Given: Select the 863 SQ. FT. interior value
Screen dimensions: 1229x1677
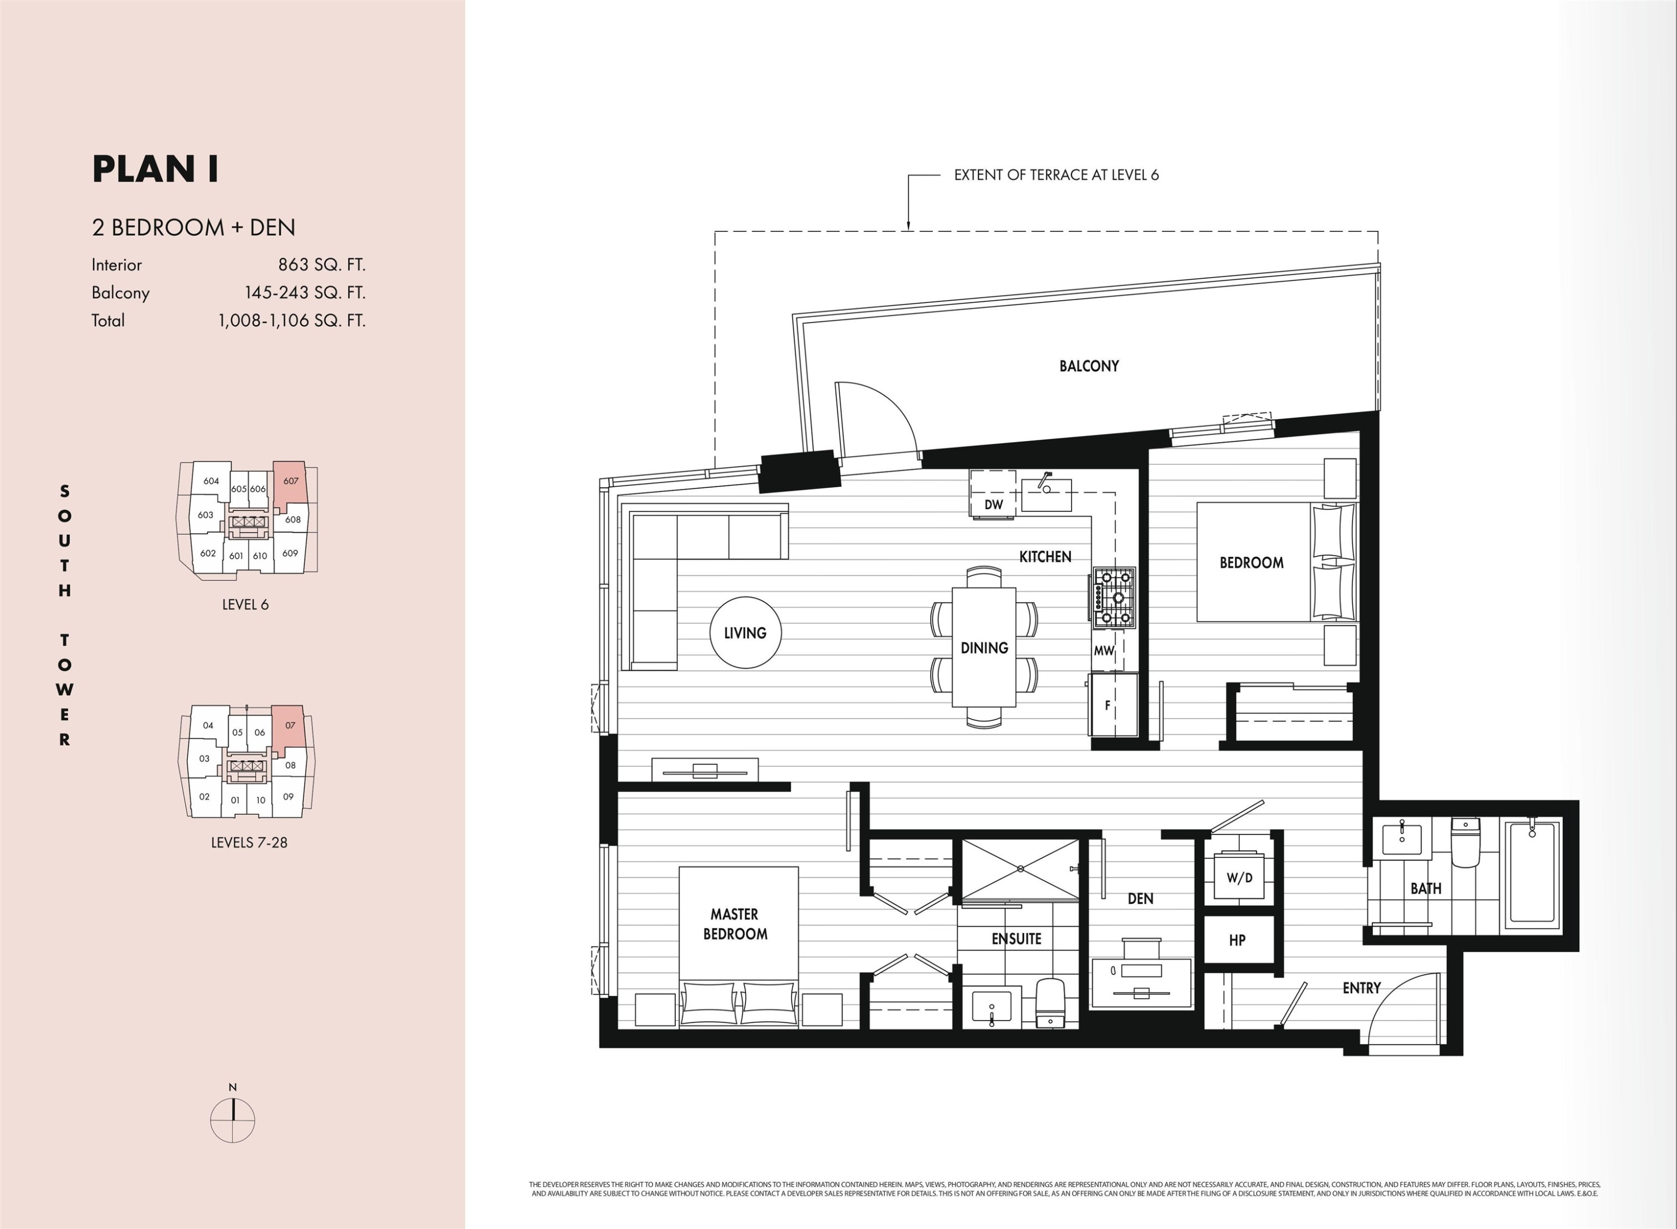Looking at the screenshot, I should pyautogui.click(x=321, y=265).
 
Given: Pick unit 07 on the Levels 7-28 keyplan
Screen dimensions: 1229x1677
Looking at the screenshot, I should pyautogui.click(x=290, y=725).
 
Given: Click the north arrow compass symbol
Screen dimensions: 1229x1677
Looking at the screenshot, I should pyautogui.click(x=233, y=1119).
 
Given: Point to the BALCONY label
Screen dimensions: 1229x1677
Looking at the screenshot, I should pyautogui.click(x=1088, y=366).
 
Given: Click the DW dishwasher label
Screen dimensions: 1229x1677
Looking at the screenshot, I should pyautogui.click(x=993, y=504).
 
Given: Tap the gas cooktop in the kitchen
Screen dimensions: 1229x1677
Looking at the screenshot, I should pyautogui.click(x=1114, y=596).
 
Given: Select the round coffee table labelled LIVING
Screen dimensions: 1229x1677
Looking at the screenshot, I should pyautogui.click(x=745, y=632).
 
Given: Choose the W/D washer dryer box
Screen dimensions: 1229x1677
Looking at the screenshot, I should pyautogui.click(x=1239, y=878).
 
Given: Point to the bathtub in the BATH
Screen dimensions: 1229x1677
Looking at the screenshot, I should pyautogui.click(x=1533, y=874).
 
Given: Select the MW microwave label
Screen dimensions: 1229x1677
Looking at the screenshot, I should pyautogui.click(x=1104, y=650).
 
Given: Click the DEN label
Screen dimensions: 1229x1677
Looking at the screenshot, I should pyautogui.click(x=1140, y=899).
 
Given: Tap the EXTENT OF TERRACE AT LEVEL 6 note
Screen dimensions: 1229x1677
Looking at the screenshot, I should pyautogui.click(x=1056, y=175).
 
